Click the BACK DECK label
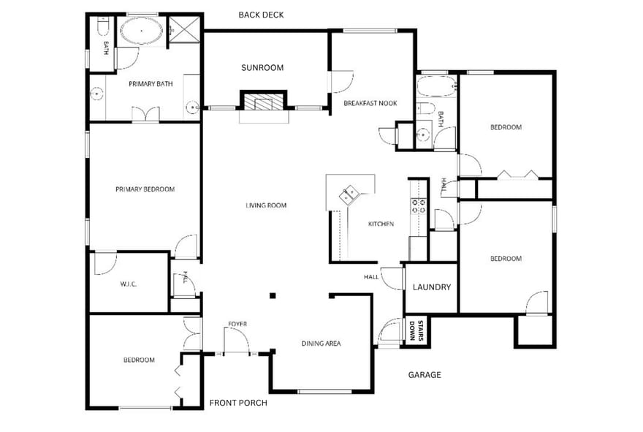[x=262, y=15]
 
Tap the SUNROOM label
[x=262, y=68]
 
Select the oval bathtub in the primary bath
[x=142, y=31]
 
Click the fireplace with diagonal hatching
[x=263, y=102]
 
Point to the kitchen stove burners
[x=419, y=206]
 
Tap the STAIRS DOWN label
[x=416, y=331]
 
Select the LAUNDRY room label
[x=432, y=287]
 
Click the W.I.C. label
[x=129, y=284]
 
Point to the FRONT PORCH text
[x=238, y=403]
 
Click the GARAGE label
[x=425, y=374]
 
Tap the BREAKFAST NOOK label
[x=370, y=103]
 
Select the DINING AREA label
[x=321, y=344]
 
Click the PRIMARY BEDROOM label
[x=145, y=189]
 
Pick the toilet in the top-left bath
[x=102, y=26]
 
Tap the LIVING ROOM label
[x=266, y=205]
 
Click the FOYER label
[x=238, y=324]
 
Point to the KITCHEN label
[x=381, y=224]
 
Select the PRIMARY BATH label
[x=151, y=84]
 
